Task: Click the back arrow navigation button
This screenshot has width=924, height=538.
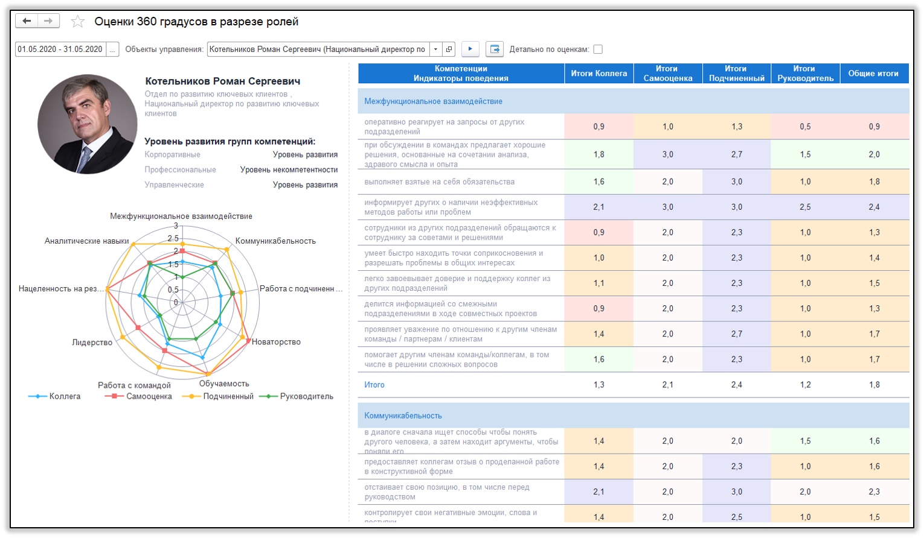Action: (x=27, y=21)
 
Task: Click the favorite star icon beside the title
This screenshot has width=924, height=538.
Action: (x=78, y=22)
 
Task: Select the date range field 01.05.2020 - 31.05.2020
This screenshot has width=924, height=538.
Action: (x=60, y=49)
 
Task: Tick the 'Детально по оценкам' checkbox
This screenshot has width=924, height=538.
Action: (x=598, y=49)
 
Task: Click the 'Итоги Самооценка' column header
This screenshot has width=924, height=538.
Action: (x=668, y=74)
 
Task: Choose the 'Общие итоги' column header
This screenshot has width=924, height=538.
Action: (x=873, y=74)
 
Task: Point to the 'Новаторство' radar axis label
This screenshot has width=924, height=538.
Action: (x=276, y=342)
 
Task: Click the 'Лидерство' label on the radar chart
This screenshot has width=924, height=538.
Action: (x=92, y=343)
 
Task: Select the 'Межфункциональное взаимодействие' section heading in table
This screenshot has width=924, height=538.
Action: (x=433, y=101)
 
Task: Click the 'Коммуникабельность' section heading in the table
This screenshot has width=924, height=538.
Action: (x=403, y=416)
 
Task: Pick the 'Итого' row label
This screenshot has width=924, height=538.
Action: (x=374, y=385)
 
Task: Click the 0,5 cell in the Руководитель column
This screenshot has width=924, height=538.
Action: (x=805, y=127)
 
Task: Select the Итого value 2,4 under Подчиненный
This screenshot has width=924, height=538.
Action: (x=736, y=385)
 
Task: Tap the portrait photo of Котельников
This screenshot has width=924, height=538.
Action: (x=88, y=124)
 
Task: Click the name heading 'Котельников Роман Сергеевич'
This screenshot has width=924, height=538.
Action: (x=223, y=81)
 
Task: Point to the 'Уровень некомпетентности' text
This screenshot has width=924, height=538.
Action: (x=289, y=170)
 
